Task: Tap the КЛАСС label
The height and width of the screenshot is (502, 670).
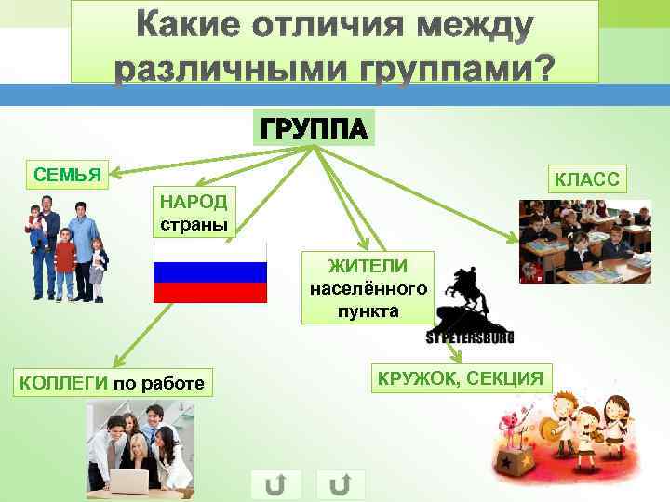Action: [x=585, y=178]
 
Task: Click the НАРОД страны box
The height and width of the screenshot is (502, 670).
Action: [x=196, y=213]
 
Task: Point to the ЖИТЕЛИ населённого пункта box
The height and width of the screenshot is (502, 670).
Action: [x=368, y=287]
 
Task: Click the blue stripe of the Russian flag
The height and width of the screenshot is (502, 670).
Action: [x=210, y=272]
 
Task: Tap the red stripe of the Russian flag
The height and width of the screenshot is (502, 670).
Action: [x=210, y=293]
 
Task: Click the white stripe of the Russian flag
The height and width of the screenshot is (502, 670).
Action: [x=210, y=252]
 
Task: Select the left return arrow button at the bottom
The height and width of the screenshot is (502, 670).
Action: [x=275, y=484]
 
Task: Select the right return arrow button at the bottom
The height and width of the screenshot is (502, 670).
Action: [x=341, y=484]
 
